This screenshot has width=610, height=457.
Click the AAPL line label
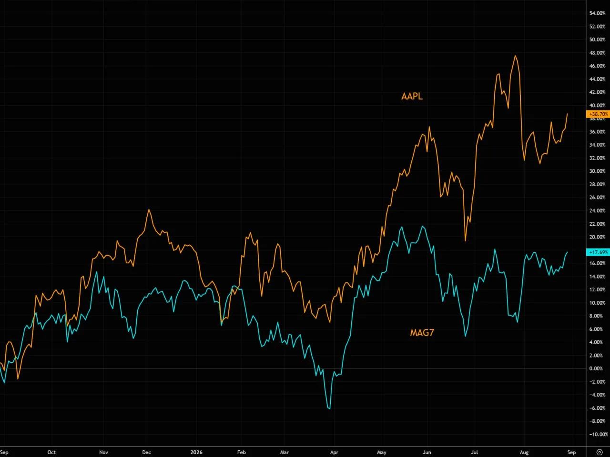click(412, 96)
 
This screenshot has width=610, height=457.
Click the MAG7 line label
click(422, 332)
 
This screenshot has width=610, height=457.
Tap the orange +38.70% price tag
click(598, 114)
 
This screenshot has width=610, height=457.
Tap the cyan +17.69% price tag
click(598, 252)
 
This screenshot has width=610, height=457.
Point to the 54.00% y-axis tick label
click(597, 13)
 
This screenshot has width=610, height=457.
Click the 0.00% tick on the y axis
click(596, 368)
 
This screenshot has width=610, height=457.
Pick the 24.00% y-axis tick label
click(597, 210)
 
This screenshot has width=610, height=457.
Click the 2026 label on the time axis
click(196, 452)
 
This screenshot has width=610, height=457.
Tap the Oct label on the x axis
click(51, 452)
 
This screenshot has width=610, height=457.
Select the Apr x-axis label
click(334, 452)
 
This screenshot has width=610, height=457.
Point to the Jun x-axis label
click(427, 452)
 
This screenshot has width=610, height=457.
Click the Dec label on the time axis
click(146, 452)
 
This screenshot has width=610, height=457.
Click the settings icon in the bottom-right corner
click(600, 452)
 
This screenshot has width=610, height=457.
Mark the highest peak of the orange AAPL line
click(515, 56)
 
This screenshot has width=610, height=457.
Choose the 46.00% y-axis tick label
click(597, 66)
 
